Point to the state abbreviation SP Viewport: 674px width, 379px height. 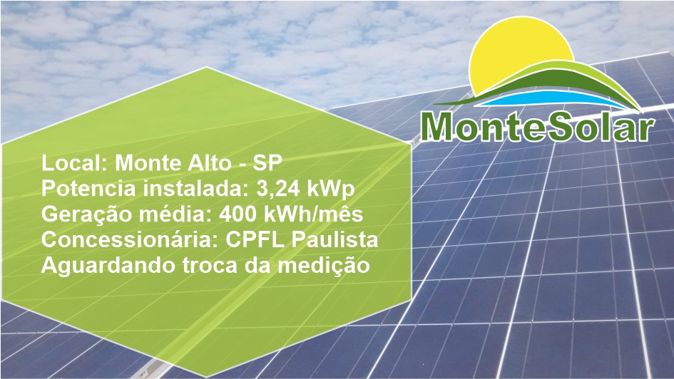tap(267, 163)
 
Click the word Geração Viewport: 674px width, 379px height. tap(87, 214)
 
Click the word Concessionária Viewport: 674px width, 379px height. tap(131, 239)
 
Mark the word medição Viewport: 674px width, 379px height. tap(323, 266)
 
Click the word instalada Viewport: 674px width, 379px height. tap(195, 189)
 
